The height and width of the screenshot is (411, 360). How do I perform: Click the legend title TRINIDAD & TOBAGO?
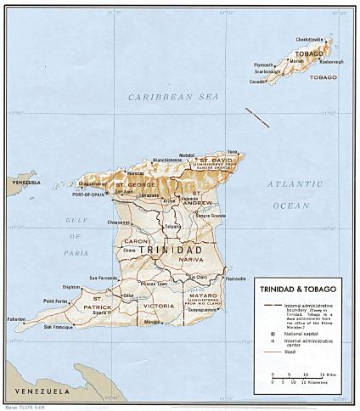coord(294,290)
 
